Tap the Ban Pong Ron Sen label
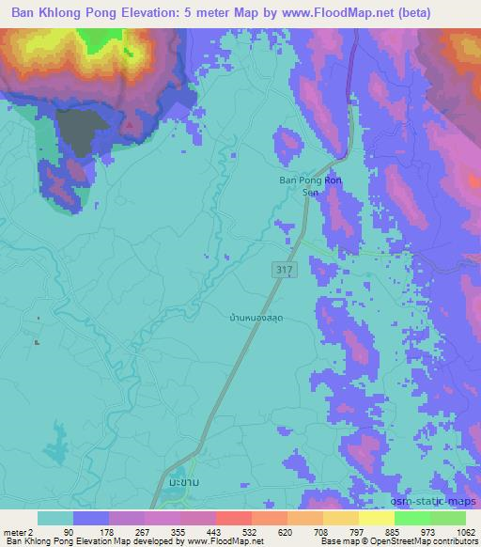pyautogui.click(x=310, y=185)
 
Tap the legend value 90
pyautogui.click(x=67, y=531)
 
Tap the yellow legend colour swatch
pyautogui.click(x=377, y=518)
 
